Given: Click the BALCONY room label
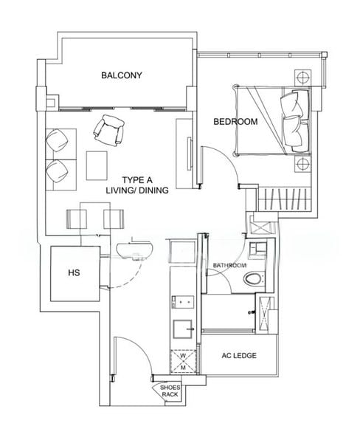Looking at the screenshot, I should point(122,75).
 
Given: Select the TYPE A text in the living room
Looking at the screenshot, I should point(138,179).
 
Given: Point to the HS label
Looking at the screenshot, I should point(74,273).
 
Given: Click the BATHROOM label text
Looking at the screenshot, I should point(229,265).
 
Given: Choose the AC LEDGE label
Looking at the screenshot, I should point(239,356).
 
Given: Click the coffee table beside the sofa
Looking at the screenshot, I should point(96,165).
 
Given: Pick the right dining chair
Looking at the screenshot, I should point(113,219).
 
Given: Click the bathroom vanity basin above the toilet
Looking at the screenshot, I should point(259,250).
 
